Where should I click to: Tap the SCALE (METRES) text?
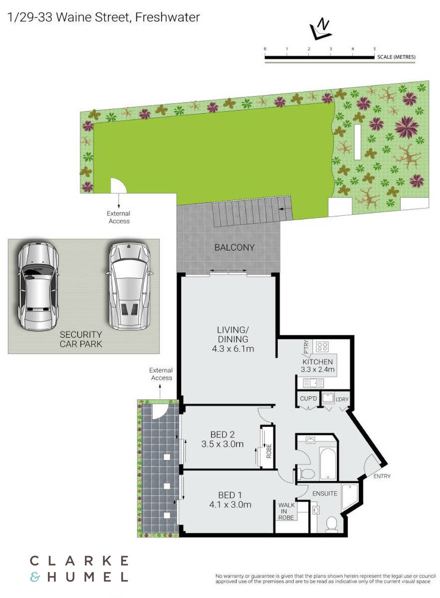pyautogui.click(x=397, y=57)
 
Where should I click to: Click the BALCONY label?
pyautogui.click(x=234, y=247)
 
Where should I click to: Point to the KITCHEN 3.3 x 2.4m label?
pyautogui.click(x=318, y=366)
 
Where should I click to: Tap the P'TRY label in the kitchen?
pyautogui.click(x=307, y=346)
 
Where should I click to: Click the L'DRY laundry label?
pyautogui.click(x=342, y=399)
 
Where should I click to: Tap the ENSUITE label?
pyautogui.click(x=325, y=494)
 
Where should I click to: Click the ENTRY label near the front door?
pyautogui.click(x=382, y=476)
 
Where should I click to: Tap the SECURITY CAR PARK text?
pyautogui.click(x=81, y=339)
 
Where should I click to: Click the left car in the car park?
pyautogui.click(x=38, y=286)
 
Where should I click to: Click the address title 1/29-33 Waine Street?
pyautogui.click(x=103, y=17)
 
